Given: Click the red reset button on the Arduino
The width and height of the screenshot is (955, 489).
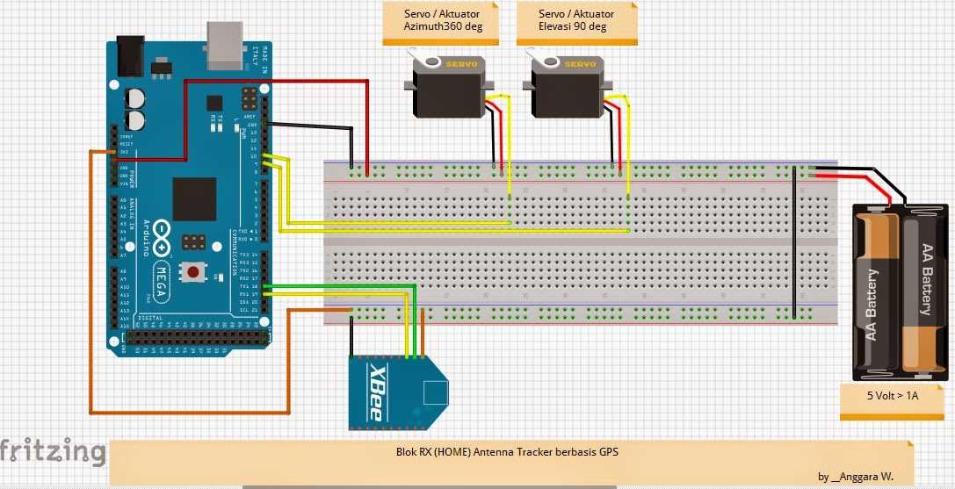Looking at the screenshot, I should click(x=192, y=272).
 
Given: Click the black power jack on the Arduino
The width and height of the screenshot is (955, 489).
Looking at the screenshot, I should click(x=131, y=54).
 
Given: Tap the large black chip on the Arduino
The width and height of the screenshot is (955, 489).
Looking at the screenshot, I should click(x=194, y=198).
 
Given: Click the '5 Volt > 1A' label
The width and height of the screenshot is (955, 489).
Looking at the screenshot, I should click(x=892, y=396).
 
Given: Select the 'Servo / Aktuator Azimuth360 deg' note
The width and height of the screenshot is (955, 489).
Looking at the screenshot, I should click(x=438, y=21).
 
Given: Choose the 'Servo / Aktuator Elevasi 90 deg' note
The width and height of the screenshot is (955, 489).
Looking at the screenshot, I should click(x=576, y=21).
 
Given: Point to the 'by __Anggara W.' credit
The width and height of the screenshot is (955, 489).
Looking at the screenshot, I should click(x=855, y=477).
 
